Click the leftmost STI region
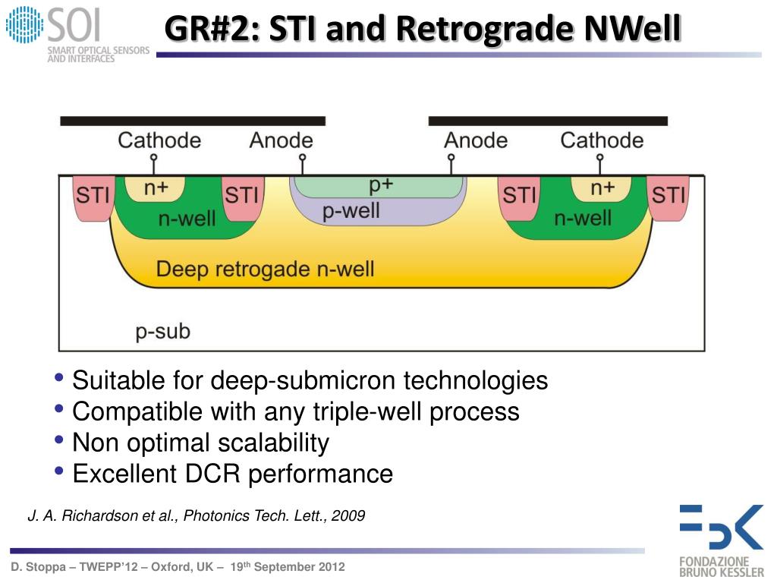click(x=93, y=196)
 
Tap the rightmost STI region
click(x=668, y=196)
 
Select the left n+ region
click(x=156, y=188)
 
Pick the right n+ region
click(x=602, y=188)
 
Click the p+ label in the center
click(x=380, y=184)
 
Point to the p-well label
click(x=351, y=210)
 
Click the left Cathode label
click(x=159, y=140)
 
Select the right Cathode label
click(x=602, y=140)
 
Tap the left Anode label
click(x=281, y=140)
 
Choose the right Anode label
click(x=475, y=140)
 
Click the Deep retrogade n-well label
click(x=265, y=269)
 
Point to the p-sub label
click(x=162, y=332)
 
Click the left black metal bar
click(x=193, y=121)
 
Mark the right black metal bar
click(x=548, y=121)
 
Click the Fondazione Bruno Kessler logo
click(x=721, y=538)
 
